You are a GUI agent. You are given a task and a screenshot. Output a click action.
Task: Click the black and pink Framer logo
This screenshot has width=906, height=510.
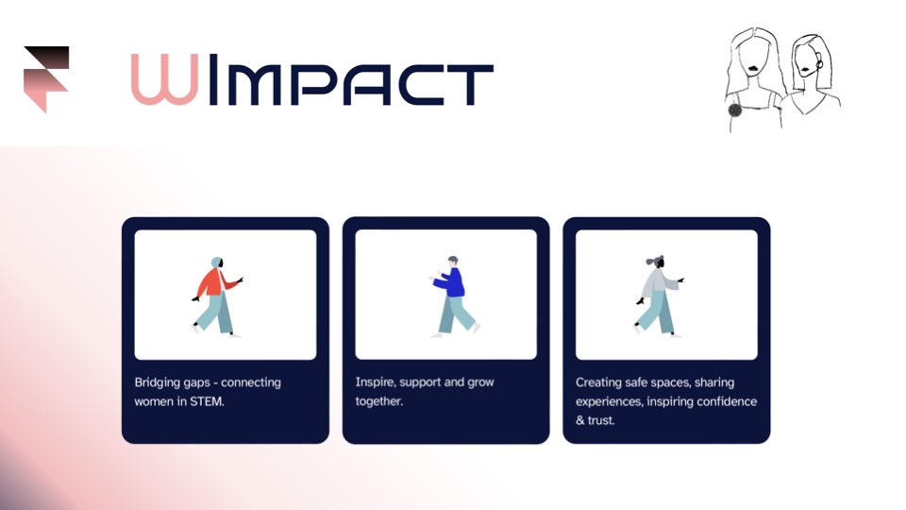pyautogui.click(x=46, y=78)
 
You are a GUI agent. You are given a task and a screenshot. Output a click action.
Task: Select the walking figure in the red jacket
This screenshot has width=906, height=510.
pyautogui.click(x=217, y=297)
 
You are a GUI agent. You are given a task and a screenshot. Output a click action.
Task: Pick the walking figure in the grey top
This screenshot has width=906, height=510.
pyautogui.click(x=659, y=296)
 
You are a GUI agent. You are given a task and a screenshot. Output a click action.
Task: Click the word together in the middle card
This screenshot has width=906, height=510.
pyautogui.click(x=379, y=401)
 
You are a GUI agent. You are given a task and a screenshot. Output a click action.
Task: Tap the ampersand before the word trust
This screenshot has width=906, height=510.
pyautogui.click(x=580, y=420)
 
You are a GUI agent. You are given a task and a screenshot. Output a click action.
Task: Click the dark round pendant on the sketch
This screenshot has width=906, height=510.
pyautogui.click(x=734, y=110)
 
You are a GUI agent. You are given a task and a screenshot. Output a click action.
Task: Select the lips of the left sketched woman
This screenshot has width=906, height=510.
pyautogui.click(x=754, y=69)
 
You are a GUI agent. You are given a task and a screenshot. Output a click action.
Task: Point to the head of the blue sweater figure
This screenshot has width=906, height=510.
pyautogui.click(x=453, y=262)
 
